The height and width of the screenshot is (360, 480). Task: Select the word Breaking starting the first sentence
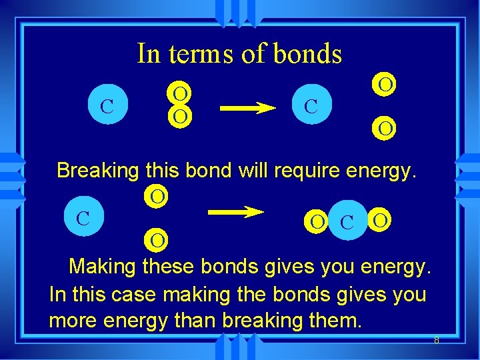tap(99, 171)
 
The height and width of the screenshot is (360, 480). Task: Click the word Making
tap(103, 267)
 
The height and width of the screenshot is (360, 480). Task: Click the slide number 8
tap(437, 341)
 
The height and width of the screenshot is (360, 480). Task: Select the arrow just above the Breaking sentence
tap(247, 107)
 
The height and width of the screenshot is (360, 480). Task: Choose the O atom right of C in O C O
tap(379, 219)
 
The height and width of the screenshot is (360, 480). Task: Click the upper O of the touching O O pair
tap(179, 93)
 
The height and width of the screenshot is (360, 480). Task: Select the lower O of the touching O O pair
tap(179, 116)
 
